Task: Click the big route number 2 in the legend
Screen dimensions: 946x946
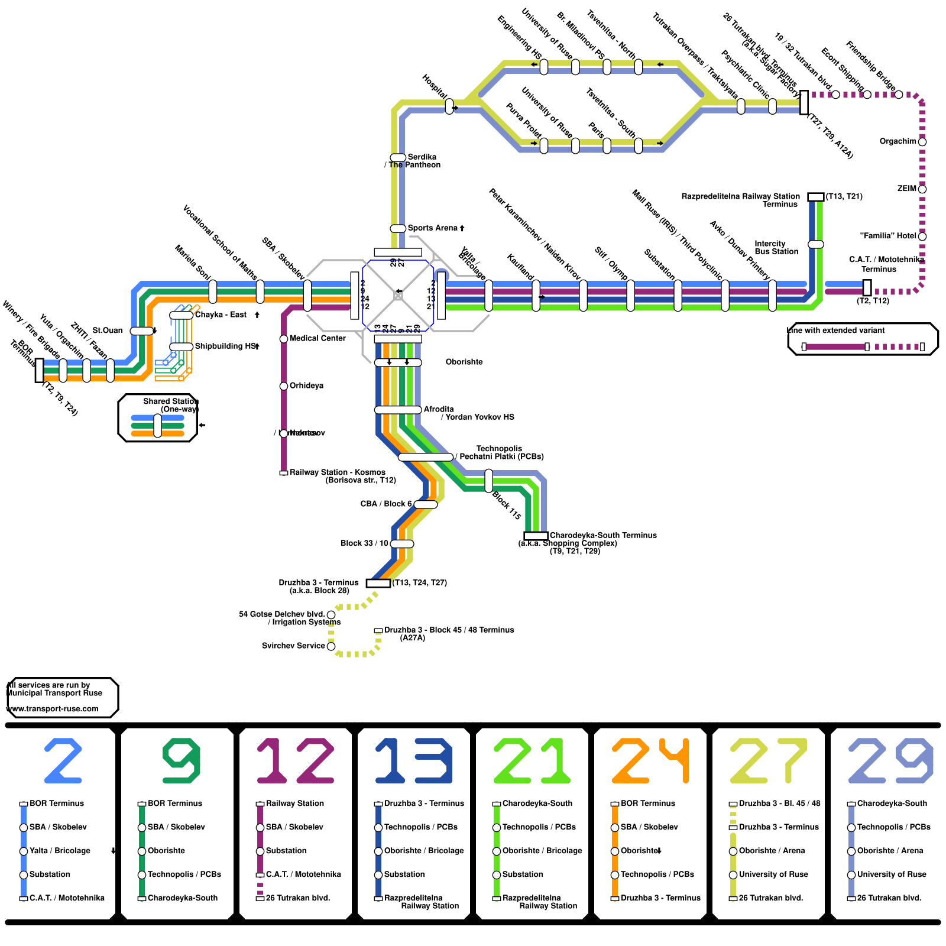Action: (63, 760)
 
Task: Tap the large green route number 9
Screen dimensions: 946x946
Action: (181, 760)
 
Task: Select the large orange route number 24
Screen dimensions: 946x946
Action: (650, 760)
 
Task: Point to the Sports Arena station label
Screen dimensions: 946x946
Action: (432, 228)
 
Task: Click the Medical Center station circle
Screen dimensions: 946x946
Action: (284, 339)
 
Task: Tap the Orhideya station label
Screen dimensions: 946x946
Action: (306, 385)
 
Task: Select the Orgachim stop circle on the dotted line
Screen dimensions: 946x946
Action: (922, 142)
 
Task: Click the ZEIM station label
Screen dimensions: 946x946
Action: (906, 189)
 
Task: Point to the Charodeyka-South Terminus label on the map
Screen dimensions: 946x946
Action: (603, 535)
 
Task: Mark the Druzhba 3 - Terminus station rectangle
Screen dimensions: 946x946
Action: (378, 583)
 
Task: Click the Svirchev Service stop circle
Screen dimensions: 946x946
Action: (331, 646)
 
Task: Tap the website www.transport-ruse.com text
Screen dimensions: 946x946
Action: (53, 709)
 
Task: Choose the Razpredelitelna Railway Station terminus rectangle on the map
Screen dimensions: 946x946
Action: (815, 197)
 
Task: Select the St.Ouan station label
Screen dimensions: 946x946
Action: (108, 331)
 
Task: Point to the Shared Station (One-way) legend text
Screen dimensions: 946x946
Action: (171, 405)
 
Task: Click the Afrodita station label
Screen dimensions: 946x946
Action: (439, 409)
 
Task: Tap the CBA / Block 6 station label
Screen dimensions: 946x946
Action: (385, 504)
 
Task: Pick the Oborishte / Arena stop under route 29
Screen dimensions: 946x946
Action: (851, 851)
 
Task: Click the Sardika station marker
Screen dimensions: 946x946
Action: (398, 157)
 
